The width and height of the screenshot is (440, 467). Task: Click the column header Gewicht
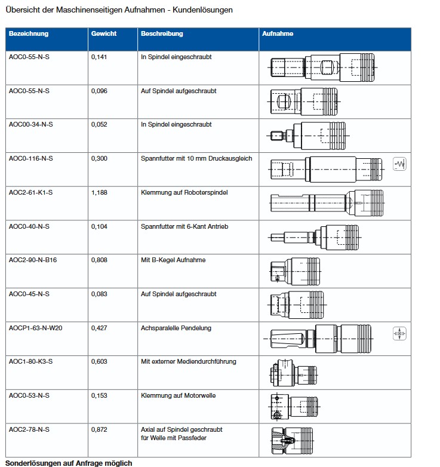(103, 34)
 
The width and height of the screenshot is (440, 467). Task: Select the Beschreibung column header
(161, 34)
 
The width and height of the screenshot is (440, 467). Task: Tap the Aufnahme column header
(277, 34)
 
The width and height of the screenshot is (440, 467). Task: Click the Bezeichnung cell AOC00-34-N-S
(30, 125)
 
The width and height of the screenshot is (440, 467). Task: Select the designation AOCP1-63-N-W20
(35, 328)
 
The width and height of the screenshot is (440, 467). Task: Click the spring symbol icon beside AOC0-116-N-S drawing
(399, 163)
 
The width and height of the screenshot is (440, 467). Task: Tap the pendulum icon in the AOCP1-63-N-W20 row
(399, 334)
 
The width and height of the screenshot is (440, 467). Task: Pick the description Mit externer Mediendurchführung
(189, 362)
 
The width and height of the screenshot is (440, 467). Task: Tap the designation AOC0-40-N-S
(29, 227)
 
